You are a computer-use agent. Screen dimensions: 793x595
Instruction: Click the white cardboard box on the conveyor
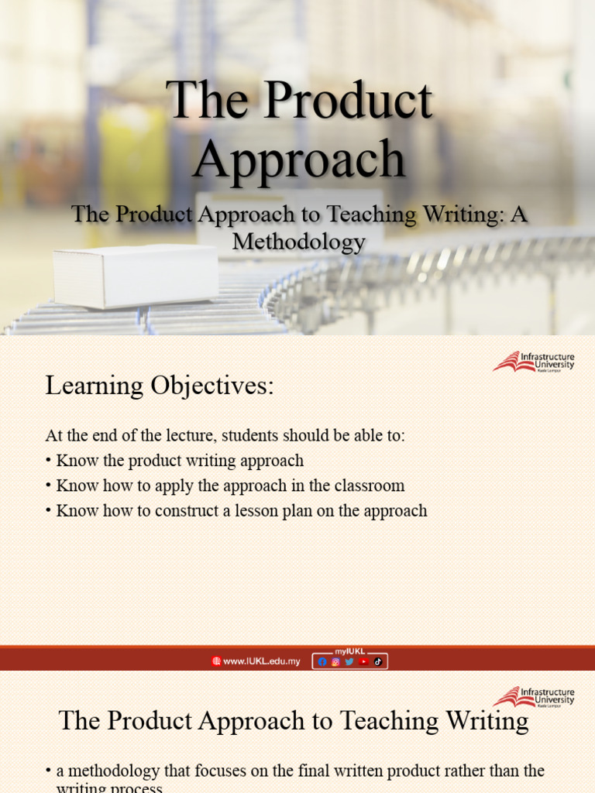(x=136, y=276)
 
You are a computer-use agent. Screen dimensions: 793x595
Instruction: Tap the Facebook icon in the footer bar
(x=322, y=661)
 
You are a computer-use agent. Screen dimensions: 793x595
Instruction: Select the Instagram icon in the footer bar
(x=335, y=661)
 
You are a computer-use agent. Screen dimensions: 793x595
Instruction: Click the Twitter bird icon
(x=349, y=661)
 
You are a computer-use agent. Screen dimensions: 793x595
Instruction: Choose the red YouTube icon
(x=363, y=661)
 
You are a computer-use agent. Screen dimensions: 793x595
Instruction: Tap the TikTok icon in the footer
(x=378, y=661)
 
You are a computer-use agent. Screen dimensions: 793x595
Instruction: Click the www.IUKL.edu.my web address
(x=261, y=661)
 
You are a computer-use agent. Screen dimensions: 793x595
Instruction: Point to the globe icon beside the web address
(x=216, y=661)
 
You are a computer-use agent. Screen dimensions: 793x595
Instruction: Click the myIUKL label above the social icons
(x=349, y=651)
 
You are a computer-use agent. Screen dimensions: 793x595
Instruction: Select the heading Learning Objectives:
(x=160, y=385)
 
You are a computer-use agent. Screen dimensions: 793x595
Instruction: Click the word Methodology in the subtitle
(x=298, y=242)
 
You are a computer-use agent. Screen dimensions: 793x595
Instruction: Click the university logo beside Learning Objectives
(x=534, y=362)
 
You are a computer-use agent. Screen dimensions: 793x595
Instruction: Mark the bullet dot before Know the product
(x=48, y=461)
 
